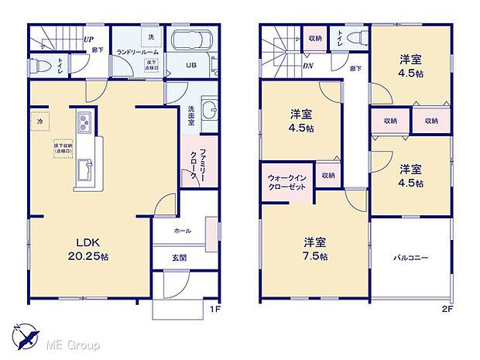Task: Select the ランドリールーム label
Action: point(136,51)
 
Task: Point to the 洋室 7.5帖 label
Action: point(314,249)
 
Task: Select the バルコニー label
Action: point(411,257)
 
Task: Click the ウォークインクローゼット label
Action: point(286,182)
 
